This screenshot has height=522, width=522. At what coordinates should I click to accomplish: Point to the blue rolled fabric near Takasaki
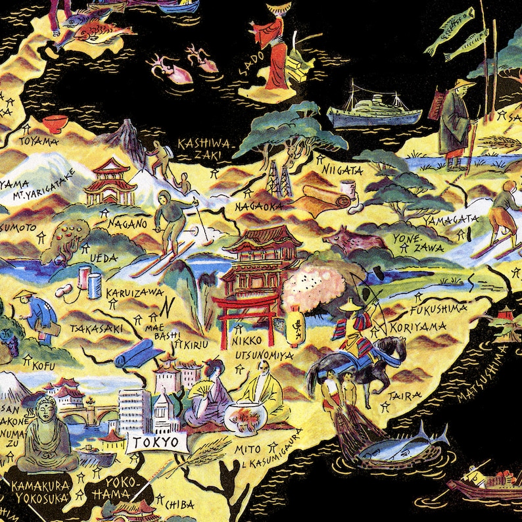(139, 356)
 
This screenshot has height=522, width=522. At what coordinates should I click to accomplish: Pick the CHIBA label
(179, 504)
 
